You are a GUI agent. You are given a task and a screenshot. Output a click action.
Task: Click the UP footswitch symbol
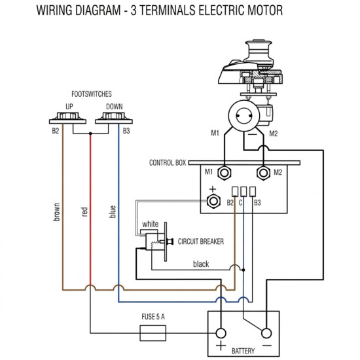pyautogui.click(x=67, y=118)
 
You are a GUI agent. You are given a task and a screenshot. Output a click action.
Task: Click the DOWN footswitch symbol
pyautogui.click(x=114, y=118)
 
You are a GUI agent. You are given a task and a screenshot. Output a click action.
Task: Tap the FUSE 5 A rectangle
pyautogui.click(x=153, y=333)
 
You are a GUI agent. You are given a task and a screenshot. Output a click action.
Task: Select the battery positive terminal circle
pyautogui.click(x=221, y=333)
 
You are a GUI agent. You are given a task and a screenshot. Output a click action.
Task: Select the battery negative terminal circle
pyautogui.click(x=266, y=333)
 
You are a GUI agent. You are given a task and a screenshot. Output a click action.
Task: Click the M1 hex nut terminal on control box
pyautogui.click(x=224, y=173)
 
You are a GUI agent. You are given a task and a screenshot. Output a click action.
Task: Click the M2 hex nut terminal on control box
pyautogui.click(x=263, y=173)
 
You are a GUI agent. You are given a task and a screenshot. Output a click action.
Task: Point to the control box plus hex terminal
pyautogui.click(x=214, y=202)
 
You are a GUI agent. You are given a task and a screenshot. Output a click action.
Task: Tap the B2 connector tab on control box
pyautogui.click(x=234, y=192)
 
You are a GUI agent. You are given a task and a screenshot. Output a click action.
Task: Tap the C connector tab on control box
pyautogui.click(x=243, y=192)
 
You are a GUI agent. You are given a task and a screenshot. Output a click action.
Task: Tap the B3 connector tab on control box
pyautogui.click(x=253, y=192)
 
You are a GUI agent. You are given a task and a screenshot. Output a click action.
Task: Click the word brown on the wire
pyautogui.click(x=56, y=211)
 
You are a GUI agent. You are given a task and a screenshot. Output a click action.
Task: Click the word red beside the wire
pyautogui.click(x=84, y=211)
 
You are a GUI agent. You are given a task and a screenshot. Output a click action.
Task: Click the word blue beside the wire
pyautogui.click(x=113, y=211)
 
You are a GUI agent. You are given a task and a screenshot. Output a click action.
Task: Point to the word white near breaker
pyautogui.click(x=150, y=224)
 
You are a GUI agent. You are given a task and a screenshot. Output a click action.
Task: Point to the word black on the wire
pyautogui.click(x=201, y=264)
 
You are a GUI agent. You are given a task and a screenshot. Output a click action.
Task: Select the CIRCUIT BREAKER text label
pyautogui.click(x=201, y=242)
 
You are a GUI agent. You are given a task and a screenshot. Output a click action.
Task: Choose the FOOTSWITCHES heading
pyautogui.click(x=92, y=94)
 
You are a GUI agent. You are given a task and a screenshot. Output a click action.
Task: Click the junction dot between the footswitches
pyautogui.click(x=90, y=134)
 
